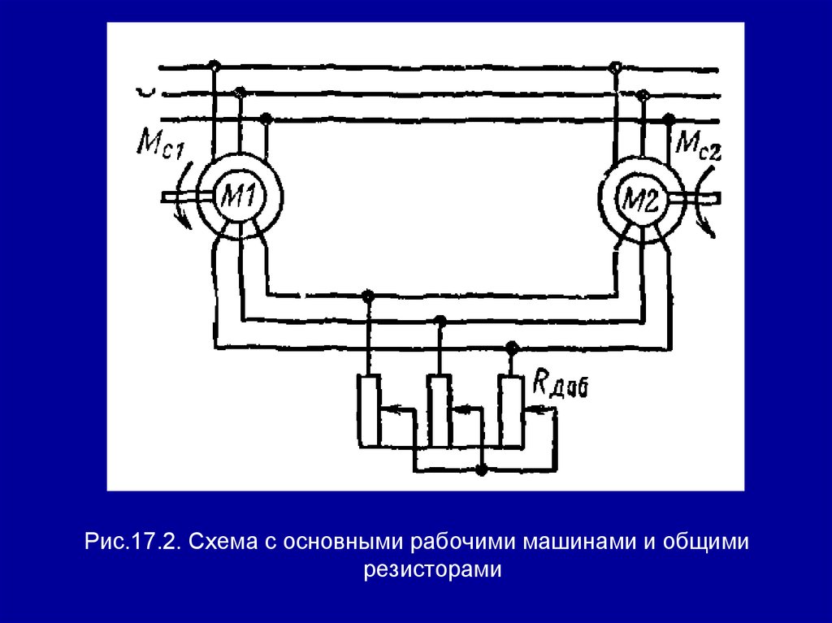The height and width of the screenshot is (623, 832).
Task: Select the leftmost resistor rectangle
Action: pyautogui.click(x=369, y=410)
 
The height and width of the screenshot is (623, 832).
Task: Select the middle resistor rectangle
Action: pyautogui.click(x=440, y=410)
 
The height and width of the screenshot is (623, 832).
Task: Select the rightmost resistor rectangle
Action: pyautogui.click(x=510, y=410)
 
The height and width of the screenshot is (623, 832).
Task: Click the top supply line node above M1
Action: pyautogui.click(x=214, y=65)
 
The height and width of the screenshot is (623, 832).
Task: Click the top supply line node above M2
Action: pyautogui.click(x=616, y=65)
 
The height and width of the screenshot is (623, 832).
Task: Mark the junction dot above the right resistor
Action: pyautogui.click(x=510, y=348)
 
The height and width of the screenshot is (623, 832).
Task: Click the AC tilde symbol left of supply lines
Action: pyautogui.click(x=145, y=92)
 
